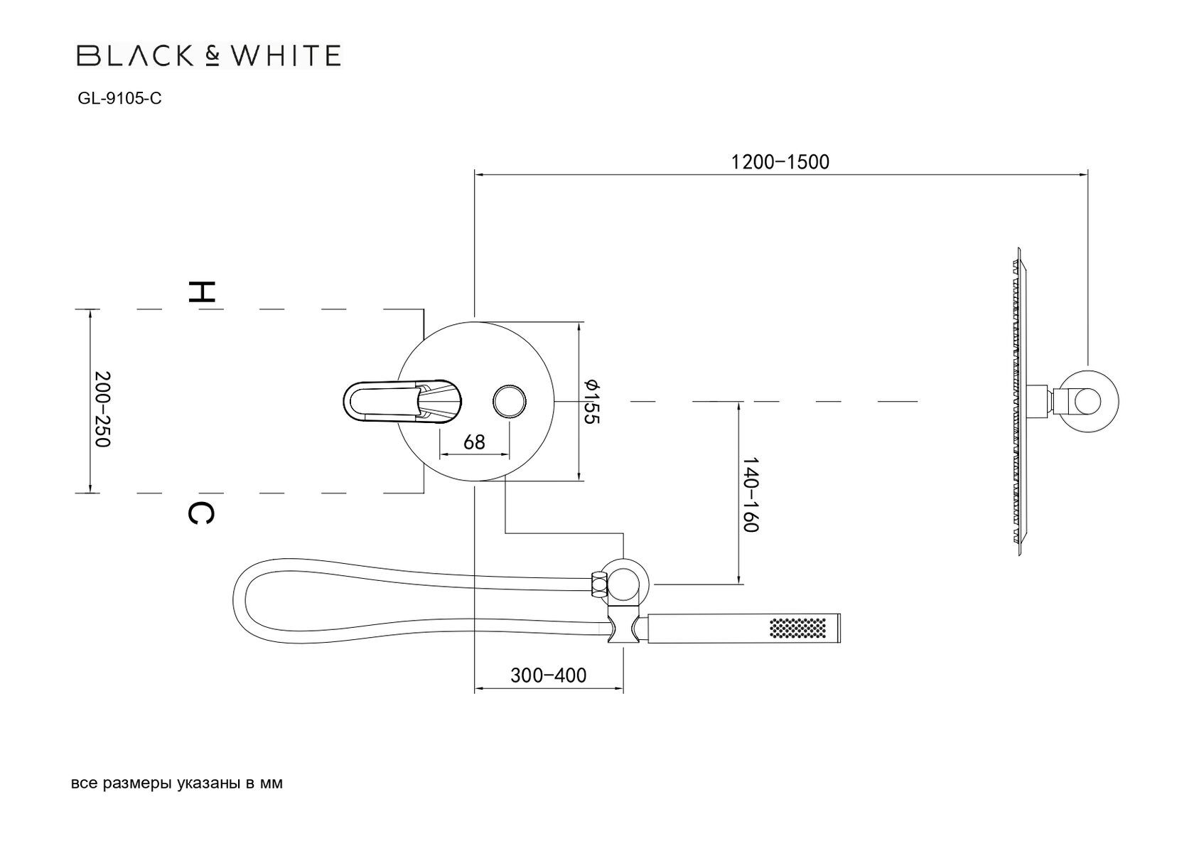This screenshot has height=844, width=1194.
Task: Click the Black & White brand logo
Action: tap(208, 55)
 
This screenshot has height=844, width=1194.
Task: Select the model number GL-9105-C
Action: tap(119, 99)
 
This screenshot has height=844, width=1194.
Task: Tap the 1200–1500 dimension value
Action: tap(780, 162)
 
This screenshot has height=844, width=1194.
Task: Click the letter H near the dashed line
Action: tap(200, 291)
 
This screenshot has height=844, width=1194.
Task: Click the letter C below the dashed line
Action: tap(200, 513)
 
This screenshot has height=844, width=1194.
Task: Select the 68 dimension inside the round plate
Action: tap(474, 442)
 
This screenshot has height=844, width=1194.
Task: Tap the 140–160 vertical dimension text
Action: tap(752, 494)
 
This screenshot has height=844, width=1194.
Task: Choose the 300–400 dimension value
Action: tap(548, 675)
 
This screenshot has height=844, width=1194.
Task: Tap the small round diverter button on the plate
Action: tap(510, 401)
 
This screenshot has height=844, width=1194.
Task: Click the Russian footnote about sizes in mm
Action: tap(177, 784)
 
